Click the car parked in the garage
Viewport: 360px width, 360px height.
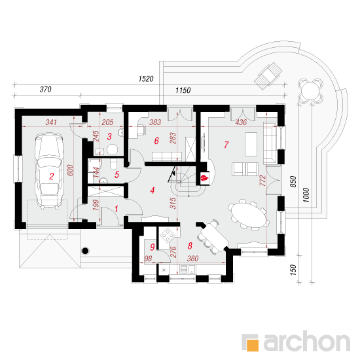[48, 171]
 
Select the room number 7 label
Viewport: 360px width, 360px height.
[226, 145]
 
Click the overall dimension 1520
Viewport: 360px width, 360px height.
[146, 79]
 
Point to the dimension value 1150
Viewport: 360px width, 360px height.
[183, 90]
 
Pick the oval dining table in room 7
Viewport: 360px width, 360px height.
[249, 215]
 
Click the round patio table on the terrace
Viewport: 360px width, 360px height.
[310, 91]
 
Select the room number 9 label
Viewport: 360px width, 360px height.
[152, 247]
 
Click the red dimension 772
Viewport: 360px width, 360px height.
[263, 181]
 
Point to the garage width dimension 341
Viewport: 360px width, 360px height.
[51, 122]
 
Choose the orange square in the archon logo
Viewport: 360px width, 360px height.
[252, 345]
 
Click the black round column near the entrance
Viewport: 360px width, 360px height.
[85, 251]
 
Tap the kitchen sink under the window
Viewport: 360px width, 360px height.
[188, 269]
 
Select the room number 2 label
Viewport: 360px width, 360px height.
[52, 176]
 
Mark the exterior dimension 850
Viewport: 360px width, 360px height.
[293, 181]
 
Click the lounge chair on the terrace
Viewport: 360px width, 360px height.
[268, 75]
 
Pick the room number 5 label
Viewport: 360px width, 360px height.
[117, 175]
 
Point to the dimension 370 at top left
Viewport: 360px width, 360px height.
[45, 89]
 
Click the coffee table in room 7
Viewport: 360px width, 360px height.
[251, 144]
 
